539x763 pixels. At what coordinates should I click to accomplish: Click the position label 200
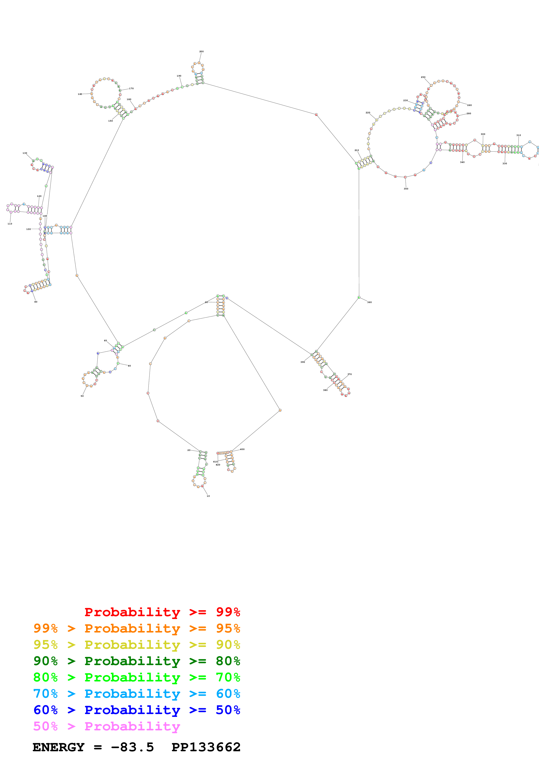click(201, 52)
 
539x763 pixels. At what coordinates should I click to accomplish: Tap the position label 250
click(423, 77)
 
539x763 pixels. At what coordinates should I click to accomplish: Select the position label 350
click(406, 189)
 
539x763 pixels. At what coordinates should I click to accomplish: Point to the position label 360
click(369, 302)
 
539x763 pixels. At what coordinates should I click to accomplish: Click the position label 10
click(208, 496)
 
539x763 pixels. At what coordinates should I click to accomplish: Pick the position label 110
click(10, 224)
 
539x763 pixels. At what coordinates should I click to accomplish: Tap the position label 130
click(25, 153)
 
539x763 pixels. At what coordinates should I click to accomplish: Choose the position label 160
click(80, 94)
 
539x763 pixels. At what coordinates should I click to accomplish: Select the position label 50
click(82, 396)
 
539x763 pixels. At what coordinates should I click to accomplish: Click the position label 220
click(368, 113)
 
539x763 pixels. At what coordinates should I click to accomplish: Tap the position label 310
click(518, 135)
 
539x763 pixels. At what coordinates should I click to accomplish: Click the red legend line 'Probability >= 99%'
click(162, 612)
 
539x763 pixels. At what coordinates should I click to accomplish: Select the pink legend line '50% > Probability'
click(106, 726)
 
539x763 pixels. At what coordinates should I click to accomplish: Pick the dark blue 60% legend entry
click(137, 710)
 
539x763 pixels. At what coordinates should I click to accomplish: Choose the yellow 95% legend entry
click(137, 644)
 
